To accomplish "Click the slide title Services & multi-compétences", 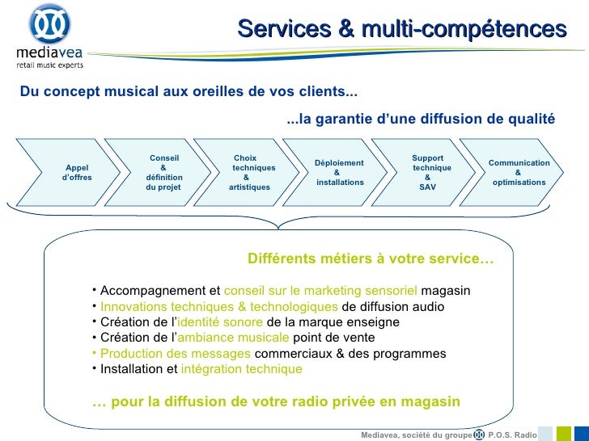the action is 402,30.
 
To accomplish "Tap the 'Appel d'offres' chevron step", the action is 77,172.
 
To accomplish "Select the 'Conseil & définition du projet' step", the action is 164,172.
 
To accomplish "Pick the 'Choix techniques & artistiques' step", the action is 251,172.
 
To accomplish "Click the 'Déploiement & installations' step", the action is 339,172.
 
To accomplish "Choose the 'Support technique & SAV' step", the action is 428,172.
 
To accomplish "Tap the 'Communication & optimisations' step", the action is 518,172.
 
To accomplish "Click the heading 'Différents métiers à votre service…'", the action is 370,260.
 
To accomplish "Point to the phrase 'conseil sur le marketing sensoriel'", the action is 320,291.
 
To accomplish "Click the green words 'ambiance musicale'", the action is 232,338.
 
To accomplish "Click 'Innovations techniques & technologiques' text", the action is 219,307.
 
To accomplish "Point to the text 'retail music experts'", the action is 49,64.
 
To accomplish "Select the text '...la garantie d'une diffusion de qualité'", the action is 421,120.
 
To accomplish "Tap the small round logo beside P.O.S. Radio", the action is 480,434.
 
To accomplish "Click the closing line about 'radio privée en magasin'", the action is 276,401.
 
